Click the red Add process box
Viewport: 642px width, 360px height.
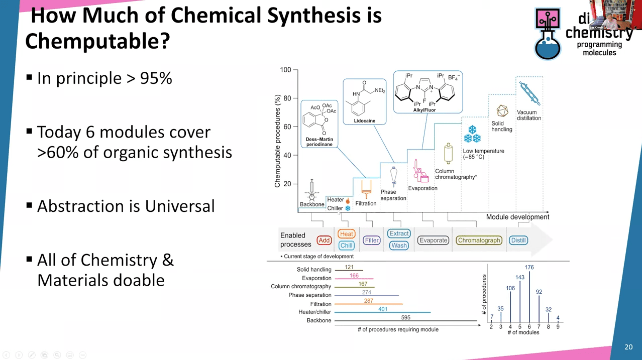click(x=324, y=241)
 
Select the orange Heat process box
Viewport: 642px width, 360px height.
click(x=347, y=234)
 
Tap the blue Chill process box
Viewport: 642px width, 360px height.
click(x=347, y=246)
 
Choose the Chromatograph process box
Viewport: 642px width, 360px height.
click(x=479, y=241)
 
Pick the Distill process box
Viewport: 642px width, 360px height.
click(x=518, y=241)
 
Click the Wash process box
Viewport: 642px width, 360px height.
click(x=399, y=246)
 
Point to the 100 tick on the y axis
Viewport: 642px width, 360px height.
click(x=285, y=70)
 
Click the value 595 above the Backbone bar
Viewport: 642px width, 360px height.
click(x=405, y=317)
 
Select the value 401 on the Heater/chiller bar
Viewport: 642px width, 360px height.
click(x=383, y=309)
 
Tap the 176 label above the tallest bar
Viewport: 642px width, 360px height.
click(x=529, y=267)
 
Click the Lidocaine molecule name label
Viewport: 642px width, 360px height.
click(x=365, y=121)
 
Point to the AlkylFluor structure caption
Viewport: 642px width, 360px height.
click(x=424, y=110)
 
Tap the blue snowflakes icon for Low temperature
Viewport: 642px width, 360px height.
click(x=472, y=134)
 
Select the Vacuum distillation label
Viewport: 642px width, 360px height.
click(x=529, y=115)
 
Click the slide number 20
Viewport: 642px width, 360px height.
click(x=628, y=347)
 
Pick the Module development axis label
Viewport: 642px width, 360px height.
click(x=517, y=217)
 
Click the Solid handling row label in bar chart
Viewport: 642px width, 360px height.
click(x=314, y=270)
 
